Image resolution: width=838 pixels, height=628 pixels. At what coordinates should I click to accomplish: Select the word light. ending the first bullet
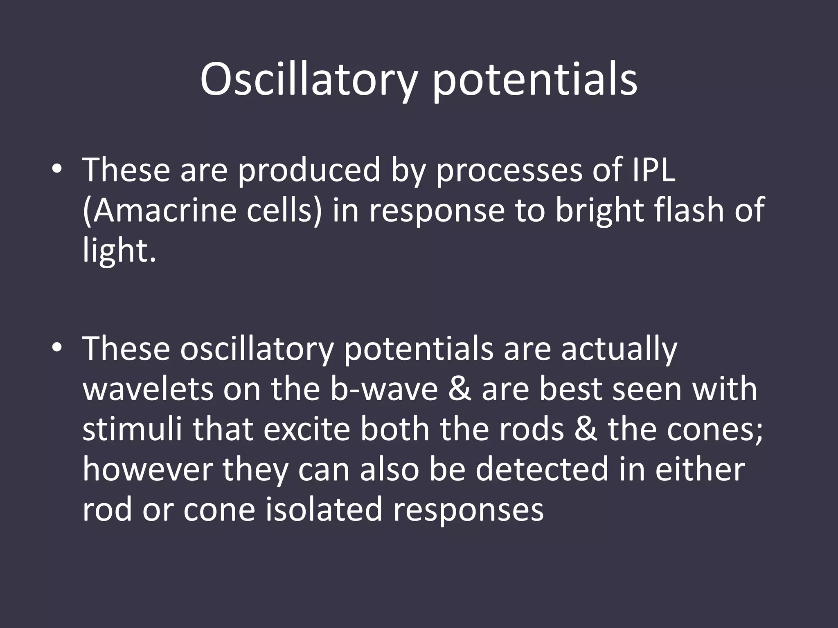coord(119,250)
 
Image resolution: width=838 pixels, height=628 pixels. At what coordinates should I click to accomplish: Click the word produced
coord(309,170)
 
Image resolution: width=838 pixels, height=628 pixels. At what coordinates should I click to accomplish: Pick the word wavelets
coord(148,389)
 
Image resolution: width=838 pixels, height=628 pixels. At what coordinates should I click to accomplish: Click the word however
coord(148,469)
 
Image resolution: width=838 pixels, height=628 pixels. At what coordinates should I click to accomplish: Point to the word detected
coord(542,469)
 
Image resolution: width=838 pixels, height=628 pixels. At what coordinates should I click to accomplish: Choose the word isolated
coord(324,509)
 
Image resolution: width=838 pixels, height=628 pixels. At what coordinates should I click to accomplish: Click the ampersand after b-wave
coord(460,389)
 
